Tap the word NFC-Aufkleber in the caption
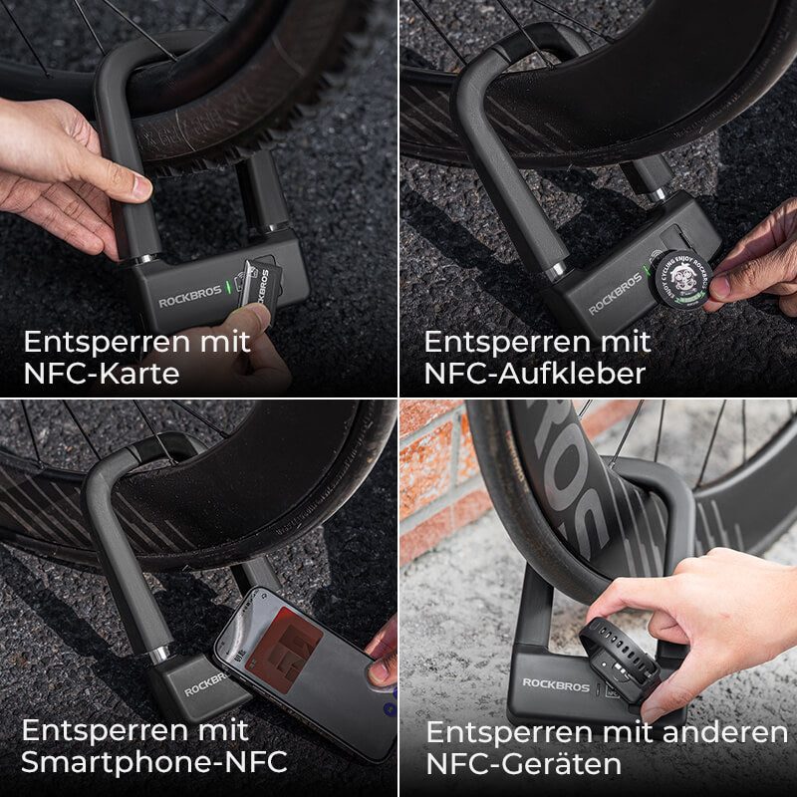534,374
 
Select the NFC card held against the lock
261,284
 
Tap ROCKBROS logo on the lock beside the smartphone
204,683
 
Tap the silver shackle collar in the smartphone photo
158,654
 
